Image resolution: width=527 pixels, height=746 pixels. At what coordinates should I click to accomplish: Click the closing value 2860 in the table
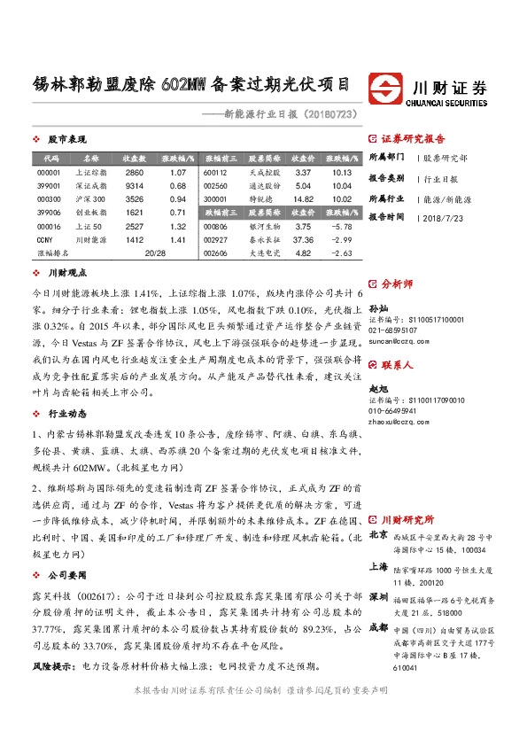point(134,172)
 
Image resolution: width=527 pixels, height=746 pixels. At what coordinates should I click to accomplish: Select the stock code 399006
point(50,213)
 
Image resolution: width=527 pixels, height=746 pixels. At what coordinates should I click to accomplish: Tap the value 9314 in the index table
point(134,186)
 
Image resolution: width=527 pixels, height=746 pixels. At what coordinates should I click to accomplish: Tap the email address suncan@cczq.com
point(399,340)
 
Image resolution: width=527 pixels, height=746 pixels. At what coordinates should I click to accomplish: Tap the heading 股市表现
point(67,140)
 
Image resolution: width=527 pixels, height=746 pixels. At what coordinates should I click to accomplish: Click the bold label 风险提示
point(50,664)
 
